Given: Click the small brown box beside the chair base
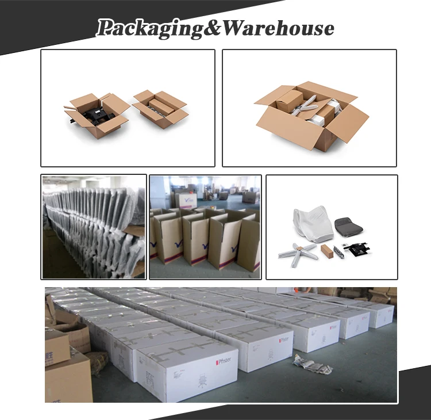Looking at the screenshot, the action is coord(328,251).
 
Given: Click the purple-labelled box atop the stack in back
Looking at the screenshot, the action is coord(187,199).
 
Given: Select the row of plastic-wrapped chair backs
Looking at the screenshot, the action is coord(92,224).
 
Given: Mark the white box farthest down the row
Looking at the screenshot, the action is coord(380,314).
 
